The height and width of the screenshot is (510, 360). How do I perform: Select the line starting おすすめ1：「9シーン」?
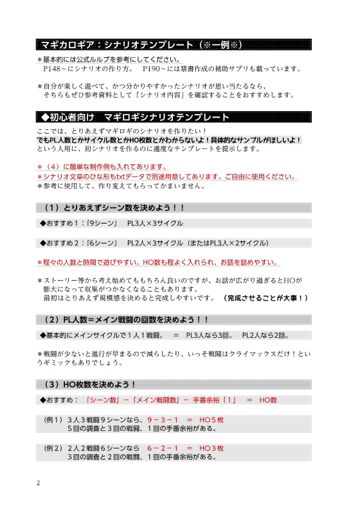pyautogui.click(x=112, y=223)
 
